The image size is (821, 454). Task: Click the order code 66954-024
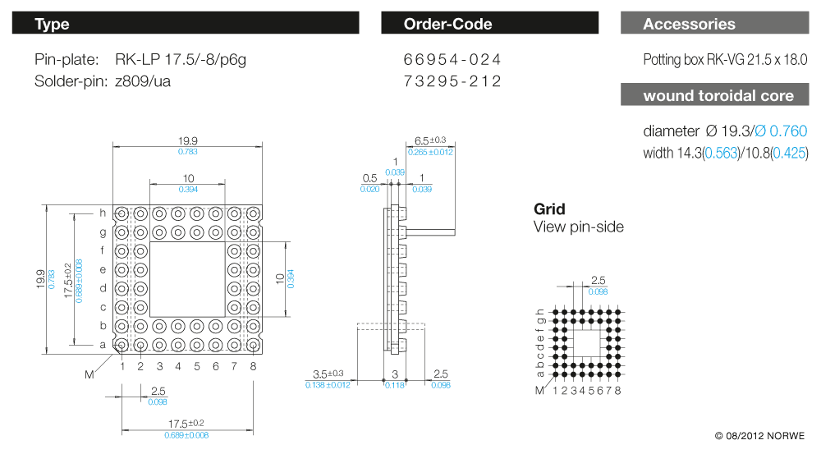point(452,60)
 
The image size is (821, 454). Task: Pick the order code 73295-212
point(452,81)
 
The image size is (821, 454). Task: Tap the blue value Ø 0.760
point(781,131)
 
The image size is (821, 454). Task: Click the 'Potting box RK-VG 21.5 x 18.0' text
point(726,60)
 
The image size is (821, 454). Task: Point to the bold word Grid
point(549,209)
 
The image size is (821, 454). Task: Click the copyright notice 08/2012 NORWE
point(760,435)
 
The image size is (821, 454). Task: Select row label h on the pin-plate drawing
point(103,213)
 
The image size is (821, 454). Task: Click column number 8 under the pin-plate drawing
point(253,366)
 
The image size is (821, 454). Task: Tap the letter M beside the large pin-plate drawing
point(89,374)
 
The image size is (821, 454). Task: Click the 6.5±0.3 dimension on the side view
point(430,140)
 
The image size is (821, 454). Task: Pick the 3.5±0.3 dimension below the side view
point(328,374)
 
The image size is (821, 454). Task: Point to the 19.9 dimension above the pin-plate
point(187,140)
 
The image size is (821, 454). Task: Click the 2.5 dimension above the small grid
point(599,281)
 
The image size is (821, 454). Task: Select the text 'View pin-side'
point(578,227)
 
